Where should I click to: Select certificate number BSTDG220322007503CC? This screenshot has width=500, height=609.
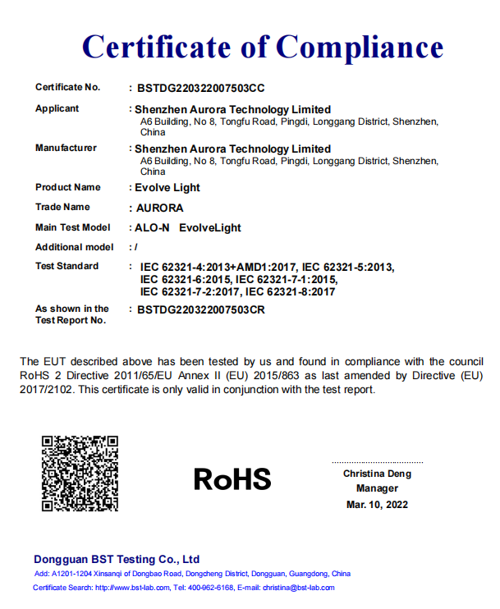[201, 88]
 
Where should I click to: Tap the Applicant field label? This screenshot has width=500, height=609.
[57, 109]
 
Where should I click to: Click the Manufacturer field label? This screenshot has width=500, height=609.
[66, 149]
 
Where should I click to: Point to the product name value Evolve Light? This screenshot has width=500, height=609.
[167, 188]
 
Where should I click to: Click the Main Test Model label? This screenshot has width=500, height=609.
[73, 227]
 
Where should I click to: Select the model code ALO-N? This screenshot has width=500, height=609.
[152, 227]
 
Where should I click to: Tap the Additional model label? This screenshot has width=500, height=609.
[75, 247]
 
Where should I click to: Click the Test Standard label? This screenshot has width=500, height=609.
[67, 267]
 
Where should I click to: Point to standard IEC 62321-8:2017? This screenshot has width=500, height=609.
[291, 291]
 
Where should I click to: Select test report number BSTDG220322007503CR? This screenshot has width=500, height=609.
[201, 310]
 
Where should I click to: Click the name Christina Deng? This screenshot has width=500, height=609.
[377, 474]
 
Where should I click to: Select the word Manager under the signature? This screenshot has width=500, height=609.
[377, 489]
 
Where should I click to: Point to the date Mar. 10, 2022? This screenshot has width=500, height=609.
[377, 505]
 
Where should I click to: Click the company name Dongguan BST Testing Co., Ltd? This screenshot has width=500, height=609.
[117, 560]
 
